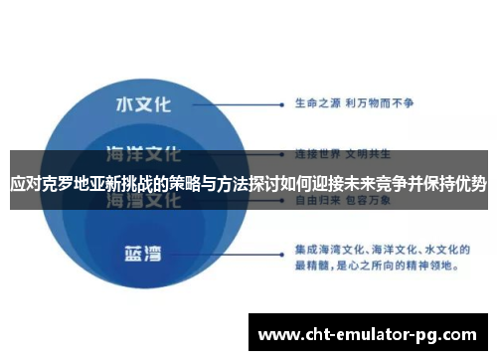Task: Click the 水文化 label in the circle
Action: pos(144,103)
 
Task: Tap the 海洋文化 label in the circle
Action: pos(144,153)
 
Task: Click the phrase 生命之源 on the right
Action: pos(316,102)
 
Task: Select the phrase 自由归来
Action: pos(316,199)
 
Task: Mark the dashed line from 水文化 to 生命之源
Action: pos(229,102)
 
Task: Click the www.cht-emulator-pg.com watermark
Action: pos(370,332)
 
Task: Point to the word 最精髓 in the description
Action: pos(315,266)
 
